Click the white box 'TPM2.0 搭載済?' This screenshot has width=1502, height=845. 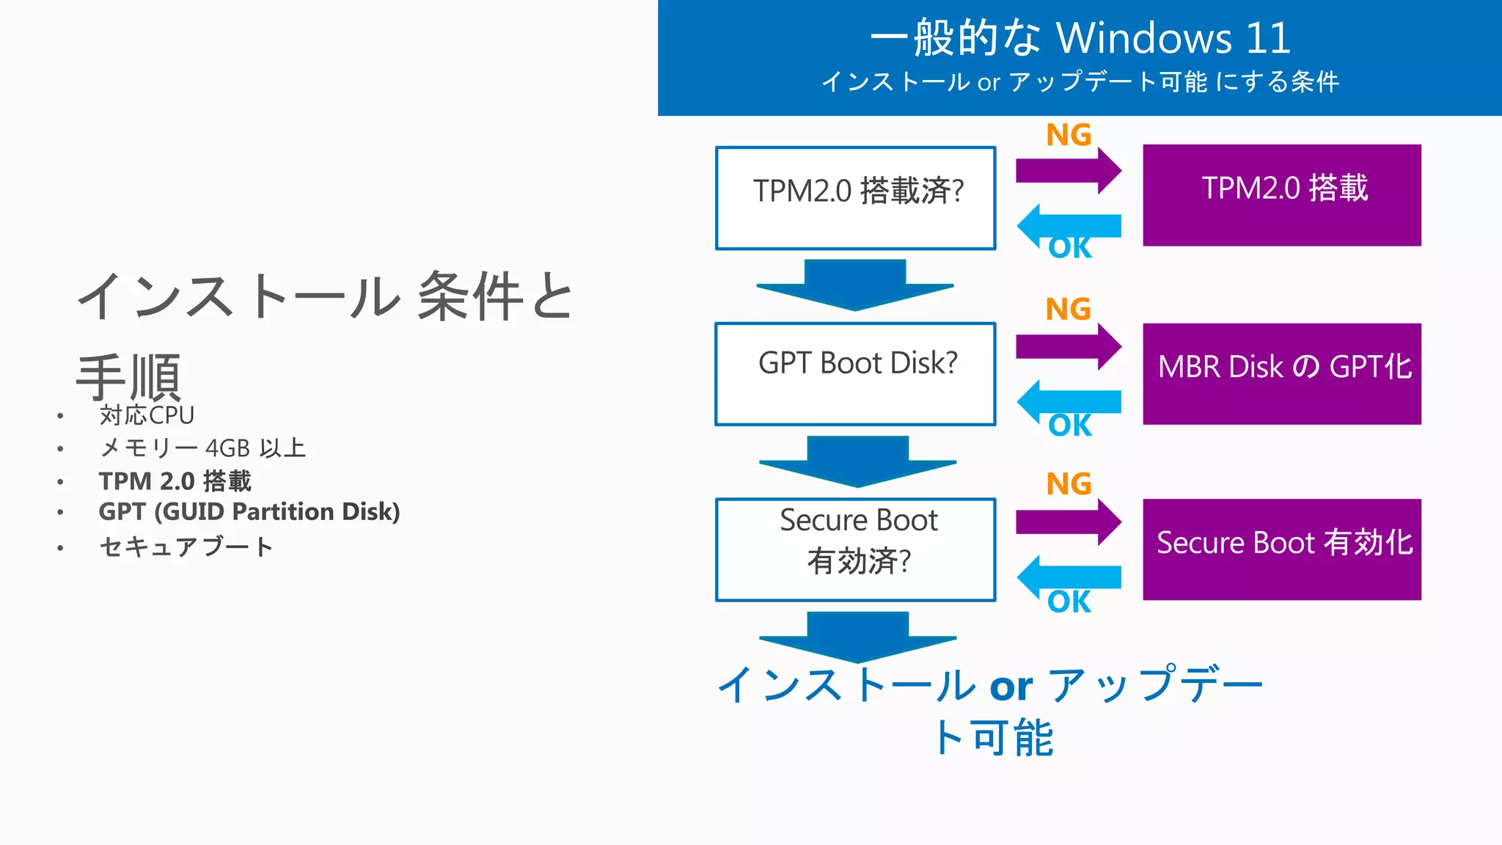click(855, 198)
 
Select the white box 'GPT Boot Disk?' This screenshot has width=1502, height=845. click(855, 373)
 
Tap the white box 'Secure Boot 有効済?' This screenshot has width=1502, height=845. click(855, 549)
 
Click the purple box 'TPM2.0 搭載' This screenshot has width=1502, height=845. click(1281, 195)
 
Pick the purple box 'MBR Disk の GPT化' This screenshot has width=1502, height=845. click(1281, 373)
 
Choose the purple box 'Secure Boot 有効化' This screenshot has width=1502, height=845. click(1281, 549)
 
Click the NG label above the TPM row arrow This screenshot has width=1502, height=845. click(1069, 135)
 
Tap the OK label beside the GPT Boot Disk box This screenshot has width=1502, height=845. click(1069, 425)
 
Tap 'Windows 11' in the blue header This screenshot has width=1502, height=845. click(1173, 38)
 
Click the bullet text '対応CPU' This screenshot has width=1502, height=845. click(147, 415)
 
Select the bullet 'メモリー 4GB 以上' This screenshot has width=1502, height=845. click(202, 448)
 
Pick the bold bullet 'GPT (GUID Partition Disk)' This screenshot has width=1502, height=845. click(249, 511)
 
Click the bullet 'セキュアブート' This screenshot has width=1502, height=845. click(186, 546)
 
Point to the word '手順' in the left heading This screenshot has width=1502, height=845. click(129, 377)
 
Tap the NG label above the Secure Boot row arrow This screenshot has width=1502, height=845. click(1069, 484)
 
